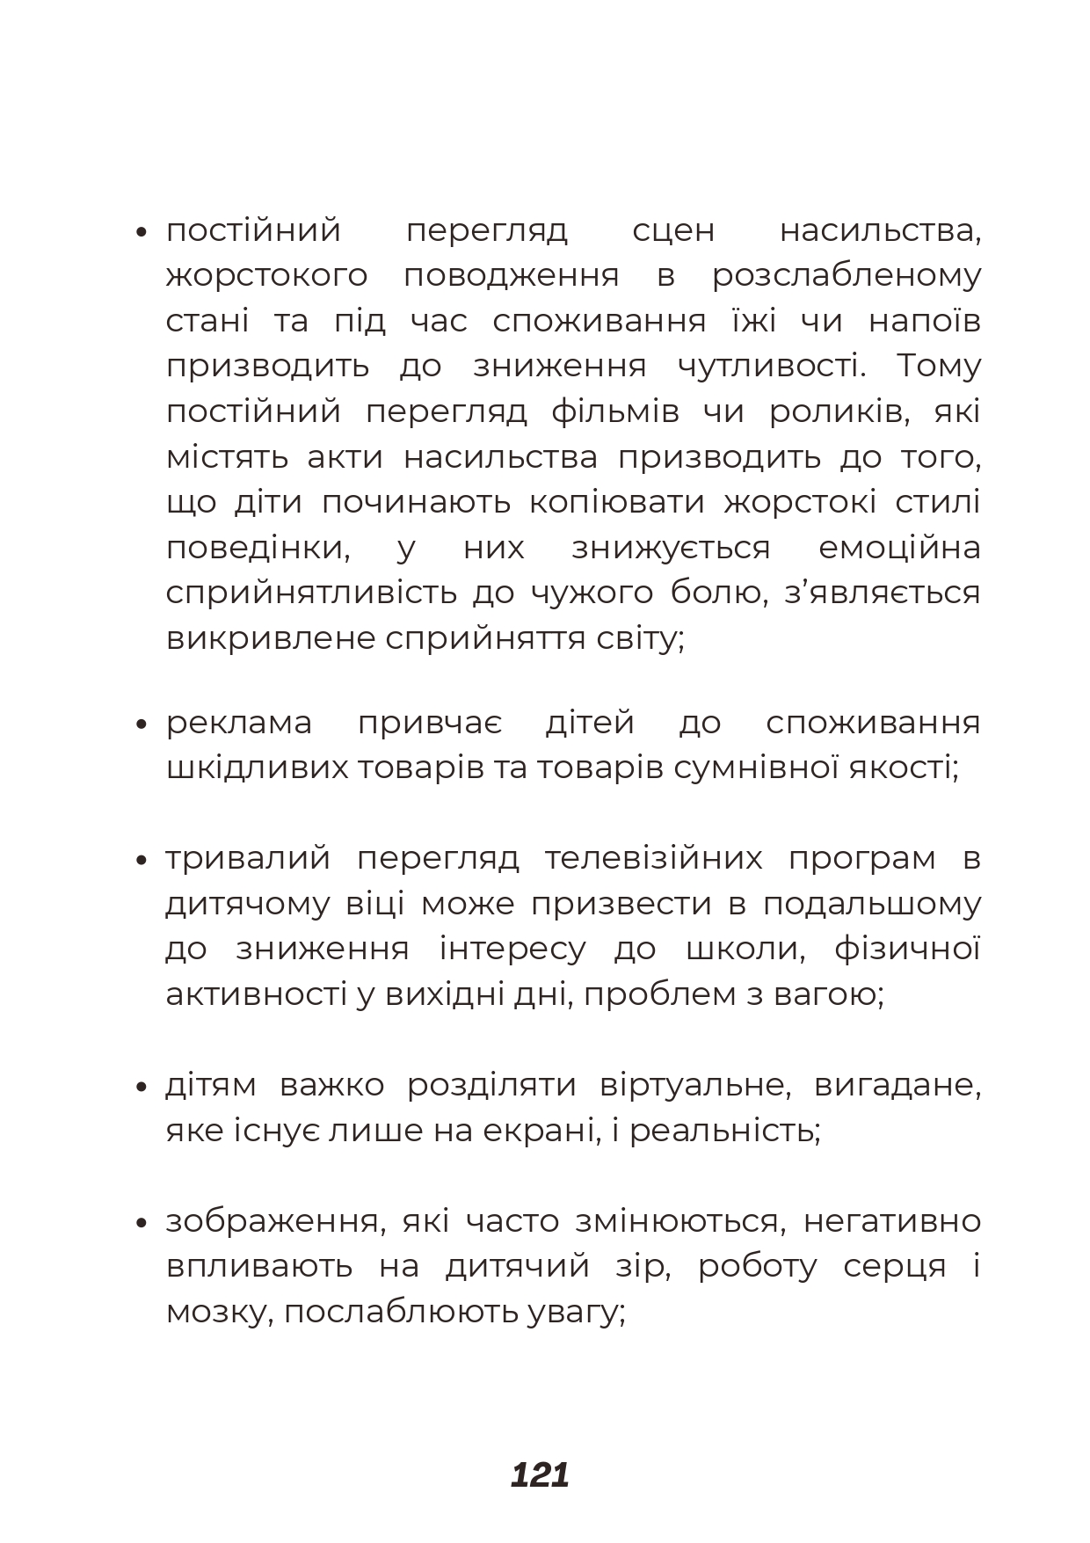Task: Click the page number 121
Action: (540, 1474)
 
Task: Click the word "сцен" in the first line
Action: (673, 231)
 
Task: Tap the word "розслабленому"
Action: (846, 277)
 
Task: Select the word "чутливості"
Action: (771, 367)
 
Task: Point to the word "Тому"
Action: (938, 367)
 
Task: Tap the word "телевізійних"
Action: (653, 859)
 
